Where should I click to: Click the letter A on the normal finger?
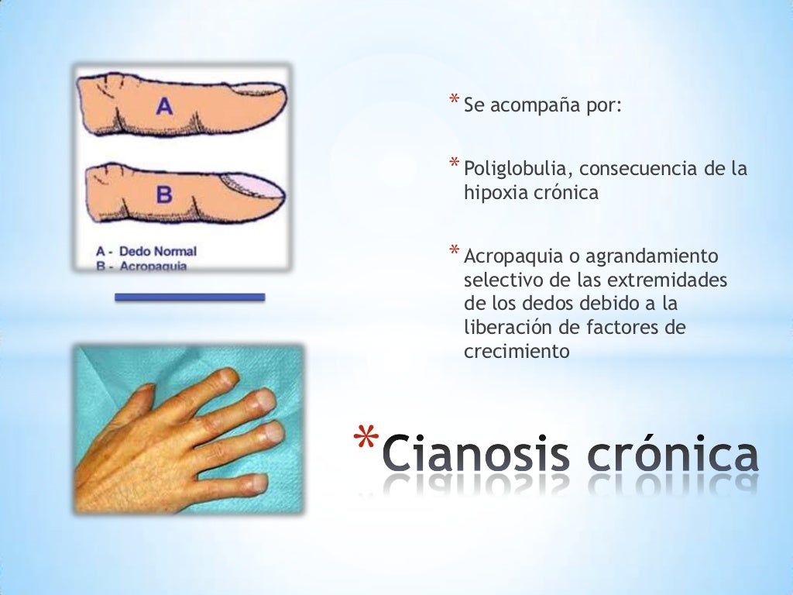[164, 106]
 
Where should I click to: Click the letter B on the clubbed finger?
[164, 194]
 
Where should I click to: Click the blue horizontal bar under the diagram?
[190, 297]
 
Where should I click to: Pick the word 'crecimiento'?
[517, 351]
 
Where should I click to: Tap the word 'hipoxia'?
[495, 193]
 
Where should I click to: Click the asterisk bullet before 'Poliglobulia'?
[455, 164]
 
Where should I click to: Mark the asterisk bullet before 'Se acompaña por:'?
[455, 100]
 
